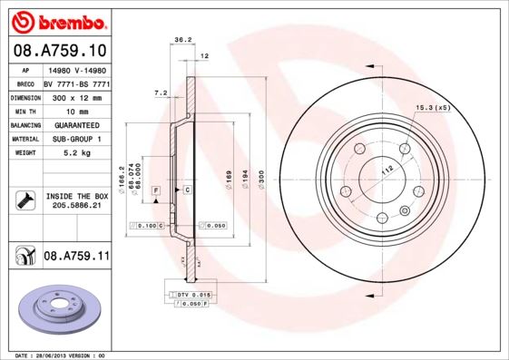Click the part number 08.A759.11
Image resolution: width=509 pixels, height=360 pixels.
tap(76, 258)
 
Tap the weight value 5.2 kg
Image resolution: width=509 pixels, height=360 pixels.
tap(76, 153)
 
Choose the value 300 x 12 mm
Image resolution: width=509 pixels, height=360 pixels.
tap(76, 95)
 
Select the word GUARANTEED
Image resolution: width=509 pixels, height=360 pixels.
tap(76, 124)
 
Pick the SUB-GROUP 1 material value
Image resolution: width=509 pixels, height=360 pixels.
tap(76, 139)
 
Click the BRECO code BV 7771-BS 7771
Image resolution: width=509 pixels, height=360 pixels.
tap(76, 82)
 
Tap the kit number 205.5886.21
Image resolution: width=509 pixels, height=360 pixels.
tap(76, 205)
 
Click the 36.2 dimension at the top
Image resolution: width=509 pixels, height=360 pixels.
tap(181, 40)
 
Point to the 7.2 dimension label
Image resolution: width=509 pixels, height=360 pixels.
tap(162, 92)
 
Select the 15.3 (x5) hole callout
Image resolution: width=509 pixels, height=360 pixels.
tap(433, 108)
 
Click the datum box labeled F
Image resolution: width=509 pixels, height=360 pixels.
tap(156, 189)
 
